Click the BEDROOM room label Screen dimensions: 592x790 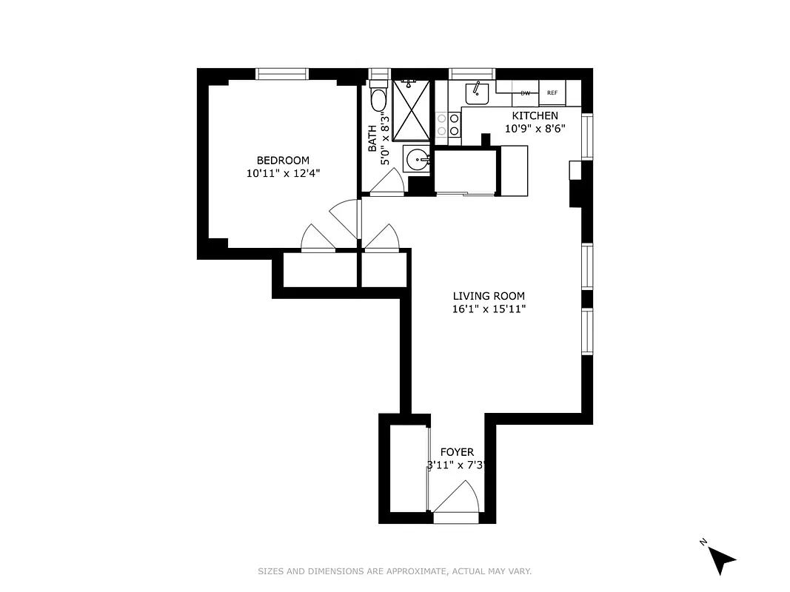click(283, 161)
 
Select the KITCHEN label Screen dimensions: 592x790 click(535, 115)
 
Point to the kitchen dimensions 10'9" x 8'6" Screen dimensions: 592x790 click(535, 128)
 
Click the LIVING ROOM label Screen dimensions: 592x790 click(489, 296)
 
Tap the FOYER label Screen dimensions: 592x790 click(457, 452)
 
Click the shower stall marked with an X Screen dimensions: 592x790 click(411, 109)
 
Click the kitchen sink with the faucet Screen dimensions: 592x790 click(477, 93)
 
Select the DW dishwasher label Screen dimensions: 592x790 click(525, 93)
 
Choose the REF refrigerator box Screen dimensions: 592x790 click(552, 93)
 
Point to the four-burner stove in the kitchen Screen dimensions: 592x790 click(448, 124)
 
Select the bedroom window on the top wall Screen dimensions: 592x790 click(281, 73)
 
